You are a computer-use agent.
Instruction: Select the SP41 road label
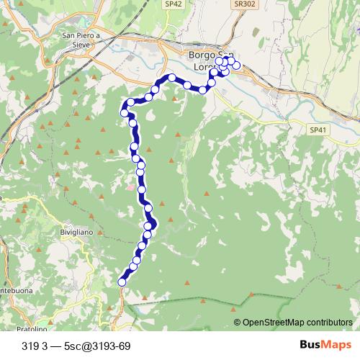(x=318, y=130)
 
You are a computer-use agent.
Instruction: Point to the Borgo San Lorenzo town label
(x=209, y=61)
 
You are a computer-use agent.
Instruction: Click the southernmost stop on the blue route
(x=122, y=282)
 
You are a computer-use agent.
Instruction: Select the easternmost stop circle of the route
(x=236, y=66)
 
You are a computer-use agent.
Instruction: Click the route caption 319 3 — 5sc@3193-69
(x=76, y=346)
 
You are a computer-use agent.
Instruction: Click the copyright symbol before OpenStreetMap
(x=237, y=323)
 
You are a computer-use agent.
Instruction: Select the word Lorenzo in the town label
(x=204, y=68)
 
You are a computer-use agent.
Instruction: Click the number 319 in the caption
(x=31, y=346)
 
